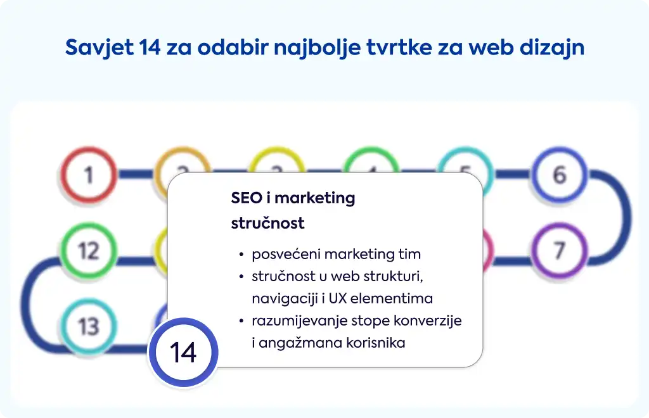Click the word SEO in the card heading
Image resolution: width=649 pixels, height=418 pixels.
coord(247,198)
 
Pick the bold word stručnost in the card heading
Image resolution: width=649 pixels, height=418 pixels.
coord(268,224)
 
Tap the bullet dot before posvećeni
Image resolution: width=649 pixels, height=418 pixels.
coord(241,254)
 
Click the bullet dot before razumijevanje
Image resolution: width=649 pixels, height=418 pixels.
coord(241,321)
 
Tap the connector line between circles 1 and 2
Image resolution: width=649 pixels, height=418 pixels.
coord(136,174)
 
